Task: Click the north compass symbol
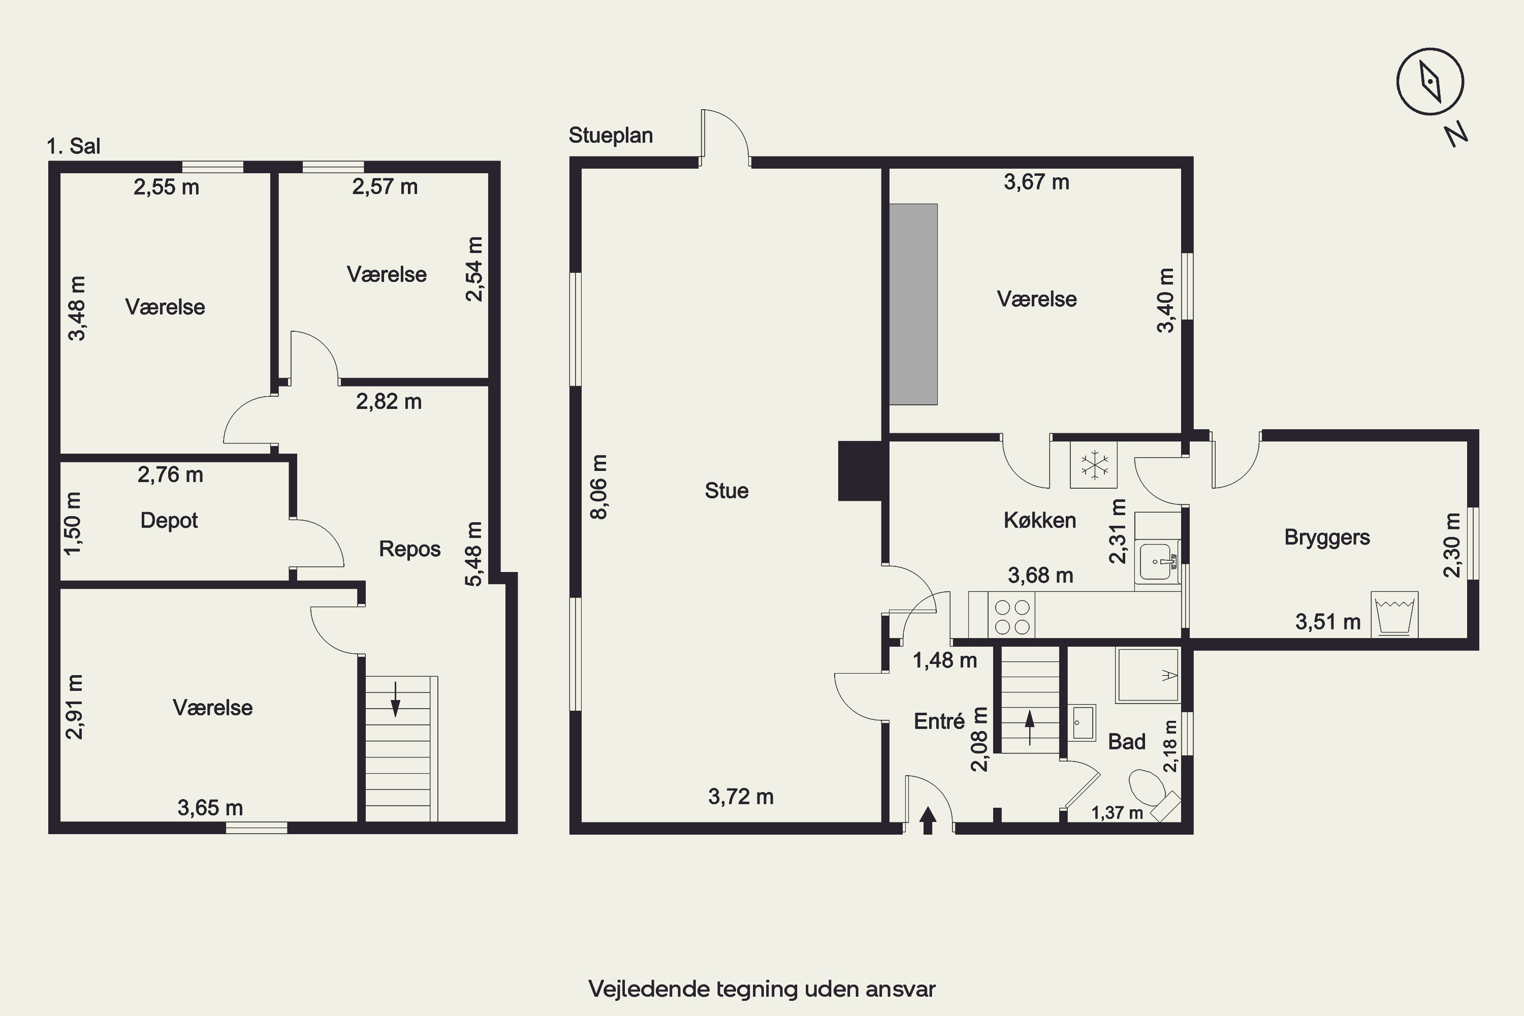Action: click(x=1430, y=82)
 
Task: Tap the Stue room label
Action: click(x=726, y=491)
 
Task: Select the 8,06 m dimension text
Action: click(x=599, y=487)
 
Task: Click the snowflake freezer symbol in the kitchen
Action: click(x=1094, y=465)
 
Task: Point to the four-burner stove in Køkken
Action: click(x=1012, y=617)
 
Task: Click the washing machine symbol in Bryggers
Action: click(x=1395, y=614)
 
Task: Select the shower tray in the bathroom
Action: click(x=1148, y=675)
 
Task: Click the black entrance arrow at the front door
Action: click(x=928, y=820)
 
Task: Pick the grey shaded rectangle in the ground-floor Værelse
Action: click(x=913, y=304)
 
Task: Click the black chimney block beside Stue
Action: click(x=861, y=471)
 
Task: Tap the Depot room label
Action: click(x=169, y=520)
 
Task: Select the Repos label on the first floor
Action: click(x=409, y=549)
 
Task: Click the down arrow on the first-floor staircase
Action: click(x=395, y=699)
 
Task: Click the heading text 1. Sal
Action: click(x=73, y=146)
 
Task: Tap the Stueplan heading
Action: click(x=611, y=136)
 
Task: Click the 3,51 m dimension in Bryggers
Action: click(x=1328, y=622)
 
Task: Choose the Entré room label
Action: click(x=939, y=721)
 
